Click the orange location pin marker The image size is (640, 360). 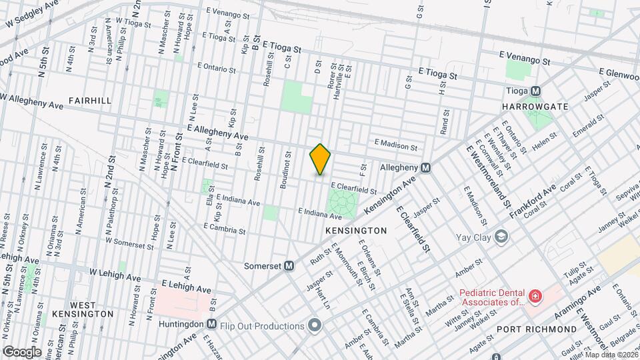point(320,159)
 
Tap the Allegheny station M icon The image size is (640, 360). point(425,168)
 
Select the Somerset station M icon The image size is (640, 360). point(289,265)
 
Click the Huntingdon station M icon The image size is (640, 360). point(211,324)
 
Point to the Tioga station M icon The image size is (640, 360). point(535,91)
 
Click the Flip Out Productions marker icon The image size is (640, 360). point(315,325)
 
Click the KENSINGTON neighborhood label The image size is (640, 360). point(356,230)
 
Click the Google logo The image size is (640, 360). point(21,351)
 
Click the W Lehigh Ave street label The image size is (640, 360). point(115,275)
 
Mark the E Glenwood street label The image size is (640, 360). point(618,71)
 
